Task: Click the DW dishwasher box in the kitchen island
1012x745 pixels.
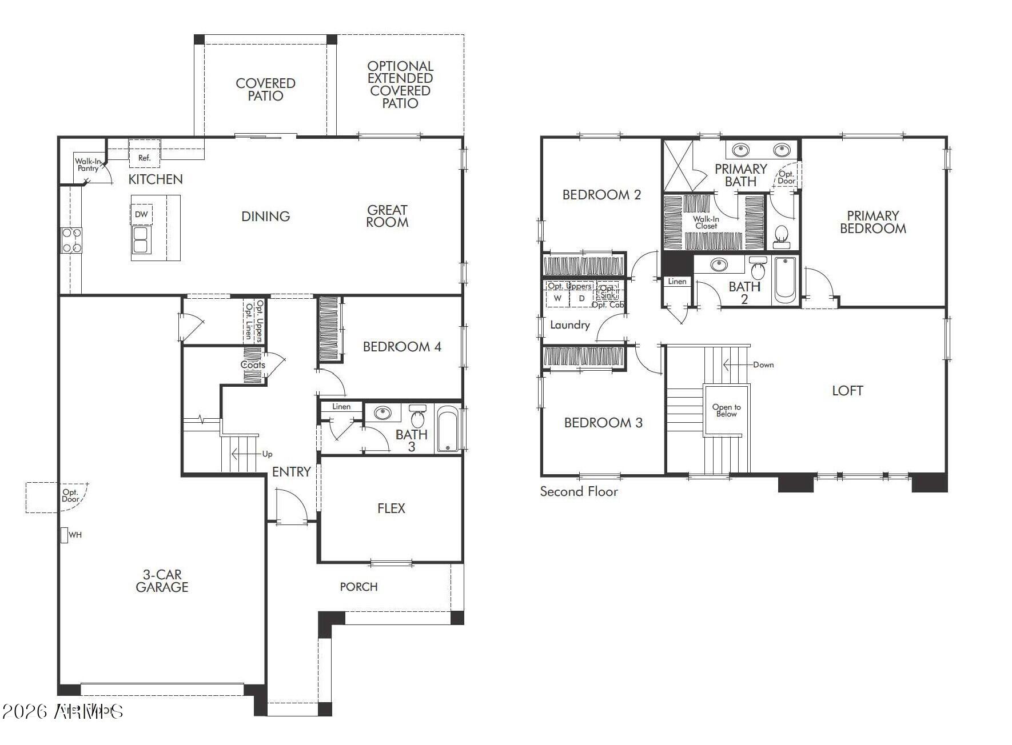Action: (x=141, y=214)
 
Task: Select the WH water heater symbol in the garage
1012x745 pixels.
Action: (x=65, y=535)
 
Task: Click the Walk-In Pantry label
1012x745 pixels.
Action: (x=87, y=165)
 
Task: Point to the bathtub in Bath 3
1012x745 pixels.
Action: (x=448, y=429)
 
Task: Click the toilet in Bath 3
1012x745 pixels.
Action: (x=418, y=416)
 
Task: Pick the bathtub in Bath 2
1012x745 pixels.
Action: (x=785, y=280)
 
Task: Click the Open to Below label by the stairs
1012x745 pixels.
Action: (x=726, y=410)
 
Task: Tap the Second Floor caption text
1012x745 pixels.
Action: (x=579, y=491)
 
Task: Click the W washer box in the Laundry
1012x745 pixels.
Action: (x=557, y=298)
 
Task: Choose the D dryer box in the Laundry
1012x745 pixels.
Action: (x=582, y=298)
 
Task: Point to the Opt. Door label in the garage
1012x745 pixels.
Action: (x=70, y=495)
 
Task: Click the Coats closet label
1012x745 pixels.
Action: (x=253, y=365)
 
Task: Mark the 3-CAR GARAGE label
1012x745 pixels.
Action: (x=162, y=581)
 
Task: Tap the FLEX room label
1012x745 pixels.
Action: (x=391, y=508)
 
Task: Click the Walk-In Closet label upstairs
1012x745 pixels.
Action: (x=706, y=222)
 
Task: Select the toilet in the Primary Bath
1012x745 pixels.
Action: (x=781, y=235)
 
